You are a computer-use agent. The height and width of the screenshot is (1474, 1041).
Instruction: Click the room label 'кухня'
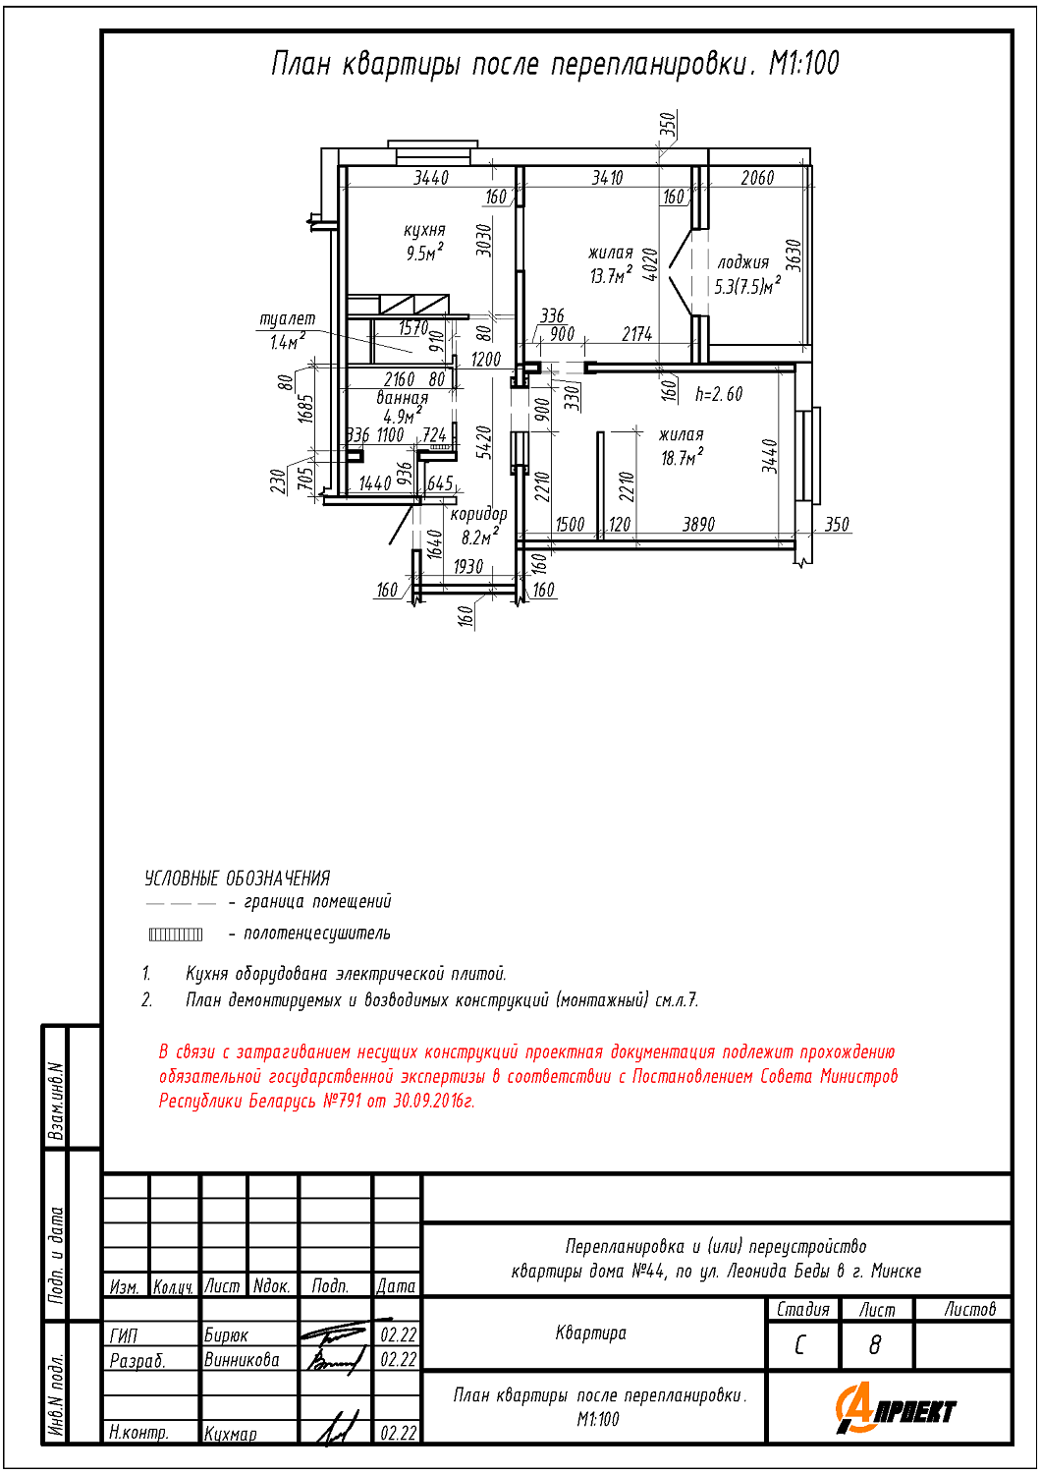[x=424, y=230]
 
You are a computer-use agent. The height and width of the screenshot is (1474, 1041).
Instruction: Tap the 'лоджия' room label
[x=743, y=262]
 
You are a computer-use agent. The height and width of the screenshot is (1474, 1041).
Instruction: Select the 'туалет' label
[x=287, y=319]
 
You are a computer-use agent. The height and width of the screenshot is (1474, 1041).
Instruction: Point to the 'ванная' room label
[x=403, y=398]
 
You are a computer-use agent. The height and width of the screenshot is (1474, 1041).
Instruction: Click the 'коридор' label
[x=478, y=514]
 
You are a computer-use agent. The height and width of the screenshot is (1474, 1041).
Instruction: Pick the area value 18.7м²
[x=682, y=458]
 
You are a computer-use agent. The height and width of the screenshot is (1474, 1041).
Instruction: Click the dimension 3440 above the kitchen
[x=430, y=178]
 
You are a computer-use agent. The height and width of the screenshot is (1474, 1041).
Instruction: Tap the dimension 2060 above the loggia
[x=757, y=178]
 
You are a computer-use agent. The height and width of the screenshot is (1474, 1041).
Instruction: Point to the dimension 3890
[x=698, y=525]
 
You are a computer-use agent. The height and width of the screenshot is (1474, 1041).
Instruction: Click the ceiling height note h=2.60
[x=719, y=394]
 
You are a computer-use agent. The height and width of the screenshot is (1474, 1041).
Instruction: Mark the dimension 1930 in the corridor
[x=467, y=567]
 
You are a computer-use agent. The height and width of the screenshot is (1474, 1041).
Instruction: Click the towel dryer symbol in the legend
[x=176, y=934]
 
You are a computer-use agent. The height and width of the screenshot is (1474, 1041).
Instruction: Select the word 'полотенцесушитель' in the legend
[x=316, y=934]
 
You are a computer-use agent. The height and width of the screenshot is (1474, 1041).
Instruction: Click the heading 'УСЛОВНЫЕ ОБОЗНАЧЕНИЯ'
[x=237, y=878]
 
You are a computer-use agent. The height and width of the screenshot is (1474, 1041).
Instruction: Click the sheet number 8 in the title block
[x=875, y=1344]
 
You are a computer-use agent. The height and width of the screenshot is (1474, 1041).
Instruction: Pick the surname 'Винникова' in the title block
[x=242, y=1360]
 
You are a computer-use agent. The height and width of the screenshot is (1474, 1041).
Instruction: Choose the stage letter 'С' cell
[x=800, y=1344]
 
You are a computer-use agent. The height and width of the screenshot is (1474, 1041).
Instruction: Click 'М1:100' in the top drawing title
[x=803, y=64]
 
